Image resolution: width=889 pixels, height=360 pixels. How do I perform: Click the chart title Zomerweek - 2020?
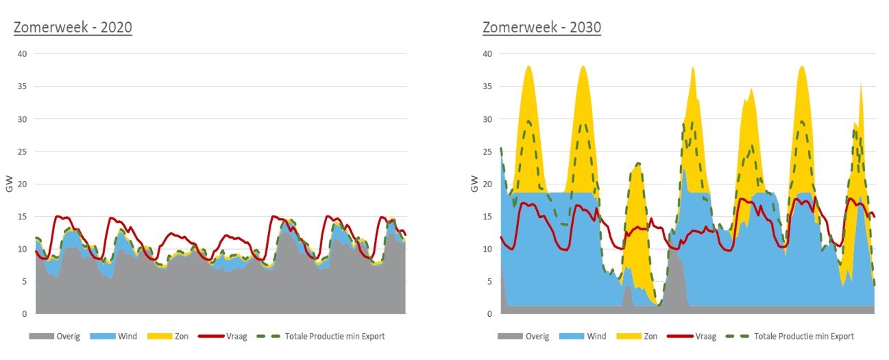[x=73, y=27]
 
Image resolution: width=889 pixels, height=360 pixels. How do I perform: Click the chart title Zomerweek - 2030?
[x=541, y=27]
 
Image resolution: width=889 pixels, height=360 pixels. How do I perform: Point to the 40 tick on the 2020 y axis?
[x=23, y=54]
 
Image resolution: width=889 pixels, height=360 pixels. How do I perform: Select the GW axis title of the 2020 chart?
[x=9, y=184]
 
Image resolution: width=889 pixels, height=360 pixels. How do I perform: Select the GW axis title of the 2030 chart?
[x=474, y=184]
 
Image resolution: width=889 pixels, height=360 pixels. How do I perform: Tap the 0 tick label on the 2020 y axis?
[x=25, y=314]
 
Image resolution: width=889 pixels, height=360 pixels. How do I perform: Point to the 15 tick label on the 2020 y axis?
[x=23, y=217]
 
